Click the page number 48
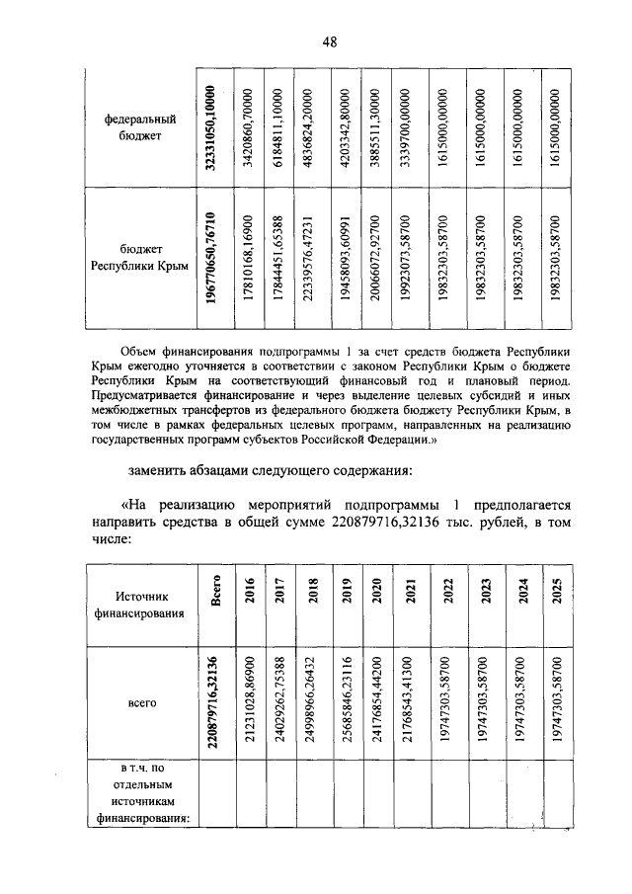(329, 41)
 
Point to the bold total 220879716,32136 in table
(214, 702)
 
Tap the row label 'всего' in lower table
(138, 702)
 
